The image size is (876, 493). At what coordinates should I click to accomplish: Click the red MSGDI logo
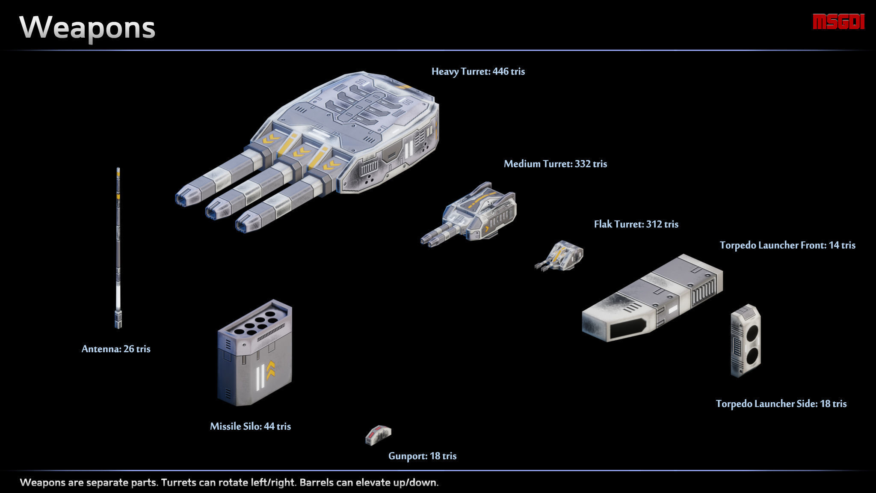point(839,22)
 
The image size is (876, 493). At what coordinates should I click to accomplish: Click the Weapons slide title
point(87,28)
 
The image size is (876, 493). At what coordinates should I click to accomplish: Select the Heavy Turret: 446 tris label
point(478,71)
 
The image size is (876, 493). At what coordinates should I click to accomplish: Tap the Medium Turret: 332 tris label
point(555,164)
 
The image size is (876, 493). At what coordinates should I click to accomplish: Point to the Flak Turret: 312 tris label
point(636,224)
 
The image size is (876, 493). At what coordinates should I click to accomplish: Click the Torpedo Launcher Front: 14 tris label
point(787,245)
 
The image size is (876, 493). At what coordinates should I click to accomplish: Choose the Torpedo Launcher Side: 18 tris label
point(781,404)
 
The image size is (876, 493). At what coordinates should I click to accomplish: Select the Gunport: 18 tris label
point(422,456)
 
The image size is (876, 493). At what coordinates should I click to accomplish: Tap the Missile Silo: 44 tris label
point(250,426)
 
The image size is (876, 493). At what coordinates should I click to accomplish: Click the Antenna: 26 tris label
point(116,349)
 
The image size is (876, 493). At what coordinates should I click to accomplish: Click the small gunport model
point(378,434)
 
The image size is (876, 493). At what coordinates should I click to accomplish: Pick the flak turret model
point(559,255)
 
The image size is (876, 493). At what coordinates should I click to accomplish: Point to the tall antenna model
point(118,248)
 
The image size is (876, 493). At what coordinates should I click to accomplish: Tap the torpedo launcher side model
point(746,341)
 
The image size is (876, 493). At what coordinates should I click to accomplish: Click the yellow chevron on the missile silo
point(271,370)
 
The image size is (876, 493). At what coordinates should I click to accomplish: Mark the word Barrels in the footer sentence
point(316,483)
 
